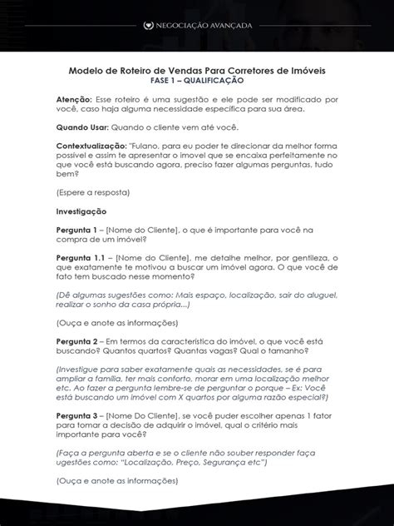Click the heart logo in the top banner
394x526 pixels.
(x=126, y=26)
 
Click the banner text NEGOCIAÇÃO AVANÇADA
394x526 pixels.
(x=202, y=26)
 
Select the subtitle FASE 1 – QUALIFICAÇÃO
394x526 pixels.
(x=197, y=82)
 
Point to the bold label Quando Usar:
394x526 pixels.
(x=87, y=128)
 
